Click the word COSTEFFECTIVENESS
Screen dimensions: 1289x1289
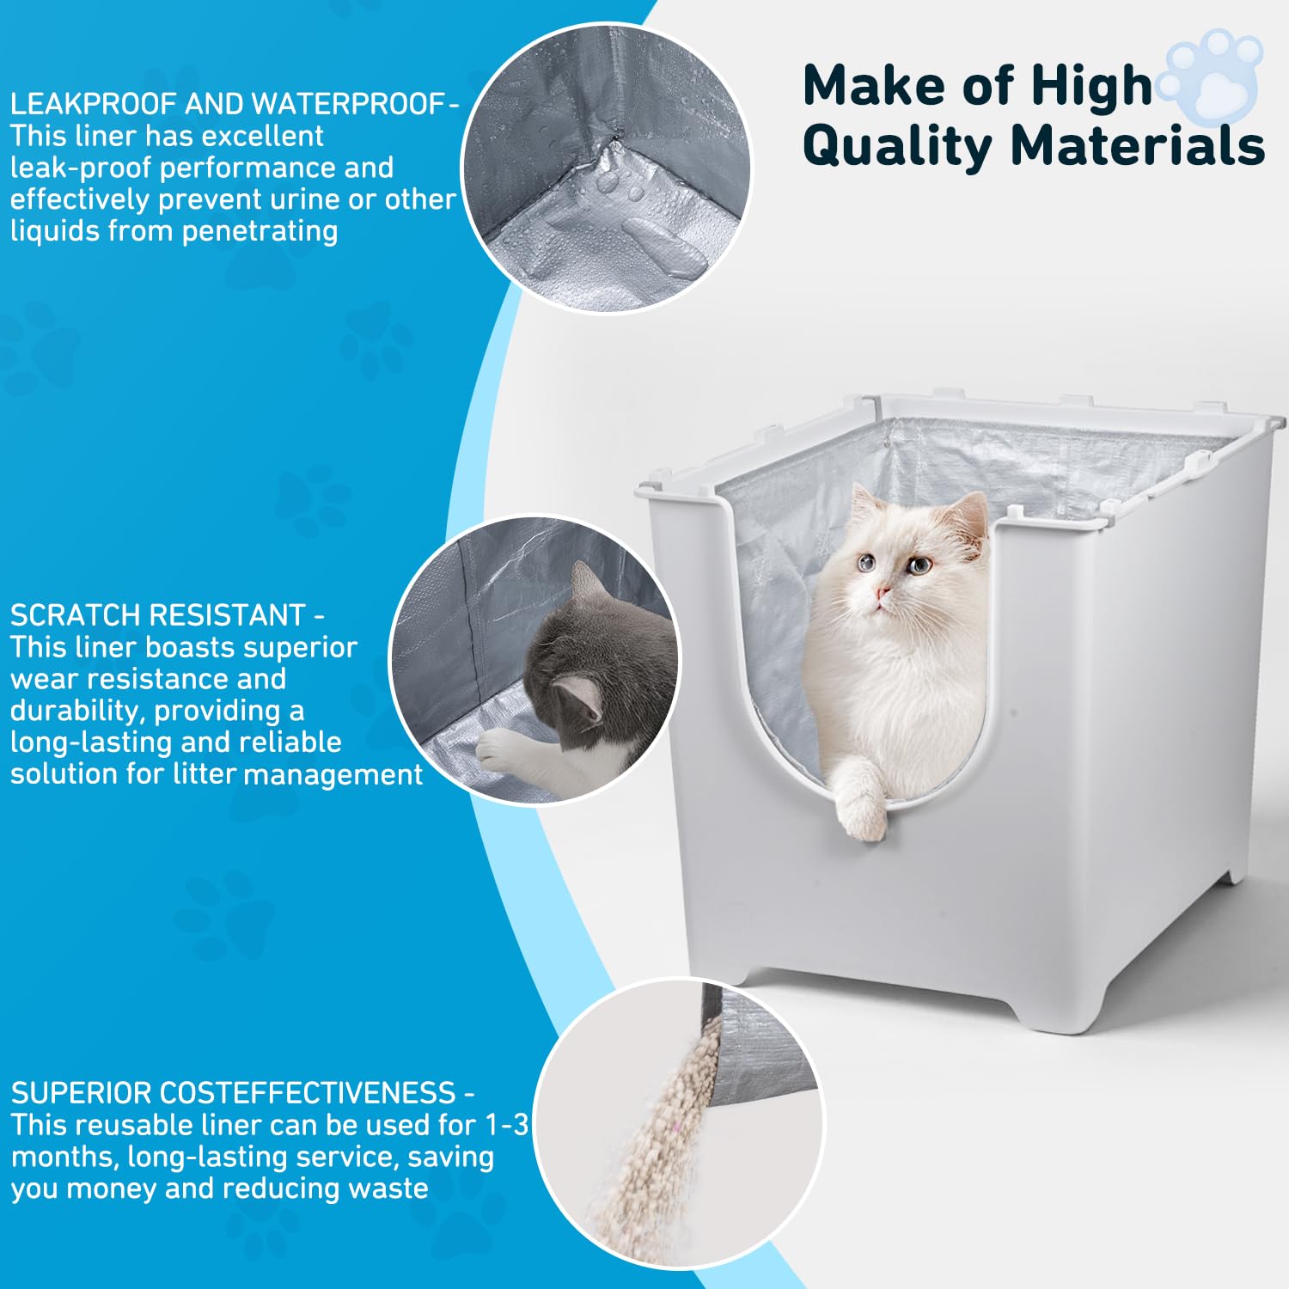point(308,1093)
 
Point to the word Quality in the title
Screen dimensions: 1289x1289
point(896,146)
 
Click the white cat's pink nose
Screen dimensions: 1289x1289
point(882,593)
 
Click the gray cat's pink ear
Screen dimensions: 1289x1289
point(577,697)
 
